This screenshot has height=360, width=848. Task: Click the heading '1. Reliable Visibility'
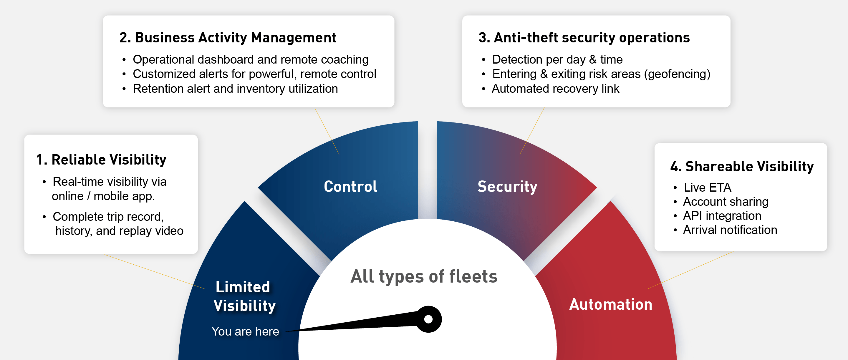tap(101, 160)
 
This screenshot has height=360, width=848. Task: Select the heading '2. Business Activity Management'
tap(228, 37)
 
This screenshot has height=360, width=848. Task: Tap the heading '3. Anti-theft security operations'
tap(584, 37)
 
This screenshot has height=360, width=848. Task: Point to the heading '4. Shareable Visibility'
tap(742, 166)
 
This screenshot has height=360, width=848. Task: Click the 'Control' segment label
tap(351, 186)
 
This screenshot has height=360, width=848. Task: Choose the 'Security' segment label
tap(507, 187)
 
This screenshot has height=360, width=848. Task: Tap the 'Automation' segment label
tap(611, 304)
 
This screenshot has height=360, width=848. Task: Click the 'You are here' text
tap(245, 331)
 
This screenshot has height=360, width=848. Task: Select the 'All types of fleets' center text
tap(424, 276)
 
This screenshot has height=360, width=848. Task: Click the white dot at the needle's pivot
tap(428, 319)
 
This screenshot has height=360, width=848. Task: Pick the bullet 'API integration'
tap(722, 215)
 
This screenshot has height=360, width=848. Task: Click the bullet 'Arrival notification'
tap(730, 230)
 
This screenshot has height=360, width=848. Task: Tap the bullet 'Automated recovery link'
tap(555, 89)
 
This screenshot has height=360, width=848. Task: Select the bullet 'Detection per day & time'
tap(557, 59)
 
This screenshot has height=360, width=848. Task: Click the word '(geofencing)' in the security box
tap(677, 74)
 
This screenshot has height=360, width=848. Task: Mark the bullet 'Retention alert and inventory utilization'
tap(235, 89)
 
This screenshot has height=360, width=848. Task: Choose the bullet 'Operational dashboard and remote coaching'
tap(251, 59)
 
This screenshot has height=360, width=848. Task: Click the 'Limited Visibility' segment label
tap(244, 296)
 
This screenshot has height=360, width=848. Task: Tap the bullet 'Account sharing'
tap(726, 201)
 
